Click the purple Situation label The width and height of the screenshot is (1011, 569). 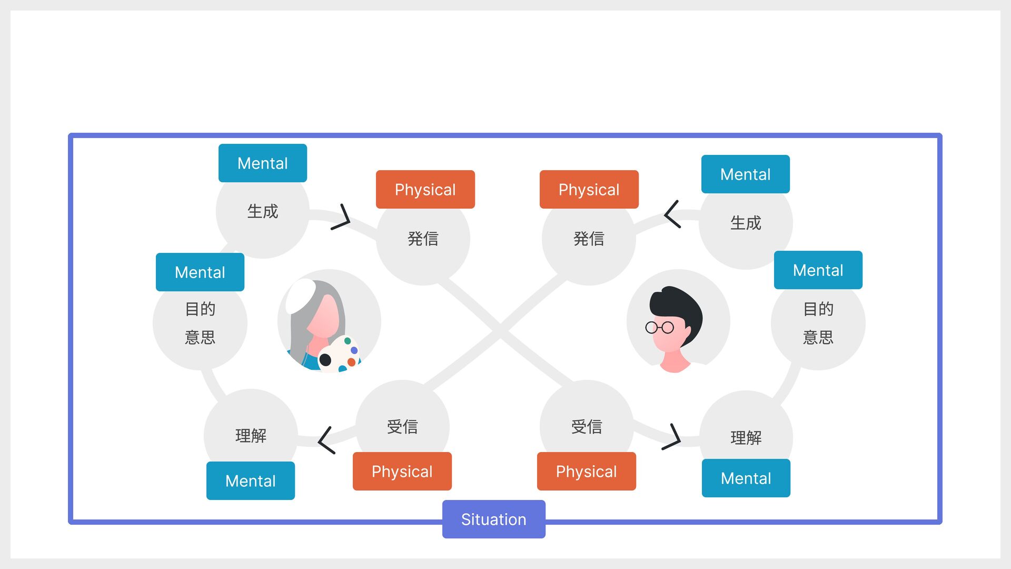click(493, 519)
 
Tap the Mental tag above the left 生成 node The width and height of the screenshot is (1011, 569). click(262, 163)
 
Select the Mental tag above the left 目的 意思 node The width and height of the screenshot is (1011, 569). click(200, 272)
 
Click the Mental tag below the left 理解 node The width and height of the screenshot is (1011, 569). click(250, 480)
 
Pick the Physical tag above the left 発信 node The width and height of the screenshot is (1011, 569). click(425, 190)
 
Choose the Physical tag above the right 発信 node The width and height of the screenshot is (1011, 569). click(589, 190)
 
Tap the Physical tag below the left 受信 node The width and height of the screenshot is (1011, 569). click(402, 471)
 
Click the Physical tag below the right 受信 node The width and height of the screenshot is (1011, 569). click(586, 471)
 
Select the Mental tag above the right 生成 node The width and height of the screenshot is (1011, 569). click(745, 174)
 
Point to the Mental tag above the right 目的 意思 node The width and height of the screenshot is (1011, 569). click(818, 270)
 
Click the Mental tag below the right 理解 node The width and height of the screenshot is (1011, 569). click(746, 478)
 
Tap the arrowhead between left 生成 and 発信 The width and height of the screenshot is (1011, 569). click(342, 217)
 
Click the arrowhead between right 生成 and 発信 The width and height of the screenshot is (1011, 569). click(671, 214)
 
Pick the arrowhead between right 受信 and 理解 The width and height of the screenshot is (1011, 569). click(673, 437)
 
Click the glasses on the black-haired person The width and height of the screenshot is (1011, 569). click(659, 328)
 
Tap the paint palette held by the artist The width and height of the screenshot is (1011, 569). click(340, 354)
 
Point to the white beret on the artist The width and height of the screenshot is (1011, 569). click(301, 293)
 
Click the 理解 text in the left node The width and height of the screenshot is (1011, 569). click(251, 436)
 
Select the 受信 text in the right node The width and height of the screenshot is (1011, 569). click(586, 426)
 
